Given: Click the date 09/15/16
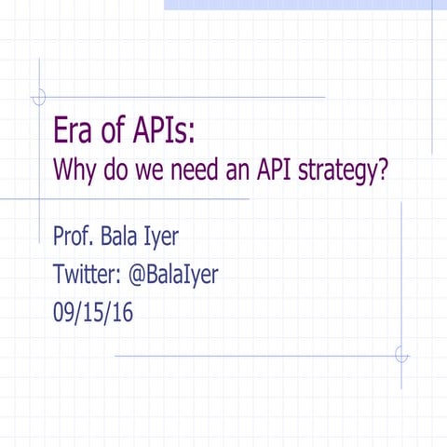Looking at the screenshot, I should click(x=93, y=313).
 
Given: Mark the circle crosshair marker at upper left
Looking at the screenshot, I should click(x=39, y=96).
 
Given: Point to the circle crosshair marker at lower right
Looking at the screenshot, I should click(x=401, y=355).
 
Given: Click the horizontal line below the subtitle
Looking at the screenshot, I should click(x=140, y=199).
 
